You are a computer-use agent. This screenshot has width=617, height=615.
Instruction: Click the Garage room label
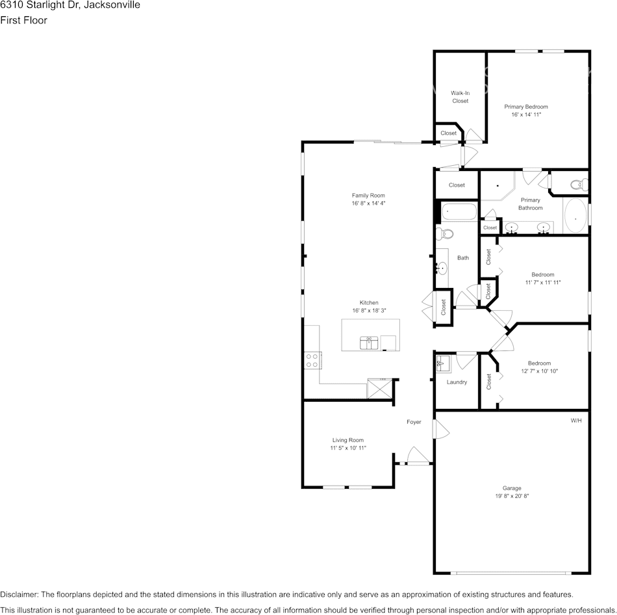[512, 488]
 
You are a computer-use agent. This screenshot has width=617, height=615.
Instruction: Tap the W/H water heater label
[576, 421]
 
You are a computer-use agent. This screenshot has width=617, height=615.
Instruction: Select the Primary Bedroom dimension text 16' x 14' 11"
[526, 114]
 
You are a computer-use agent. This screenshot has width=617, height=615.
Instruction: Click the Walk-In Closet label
[460, 97]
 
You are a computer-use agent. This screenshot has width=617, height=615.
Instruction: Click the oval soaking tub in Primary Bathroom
[575, 216]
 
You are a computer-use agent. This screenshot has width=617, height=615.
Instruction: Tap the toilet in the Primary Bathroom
[578, 185]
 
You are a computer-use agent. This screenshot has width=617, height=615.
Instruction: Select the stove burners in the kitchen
[312, 360]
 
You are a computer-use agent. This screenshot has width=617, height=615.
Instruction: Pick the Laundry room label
[457, 382]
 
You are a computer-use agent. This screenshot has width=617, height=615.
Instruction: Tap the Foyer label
[414, 422]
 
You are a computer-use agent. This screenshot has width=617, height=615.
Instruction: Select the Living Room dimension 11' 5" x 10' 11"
[349, 449]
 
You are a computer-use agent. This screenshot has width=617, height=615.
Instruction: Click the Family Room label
[368, 195]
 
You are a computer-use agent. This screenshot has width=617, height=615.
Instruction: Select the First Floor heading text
[23, 20]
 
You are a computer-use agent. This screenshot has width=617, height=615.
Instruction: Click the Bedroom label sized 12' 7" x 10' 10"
[539, 363]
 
